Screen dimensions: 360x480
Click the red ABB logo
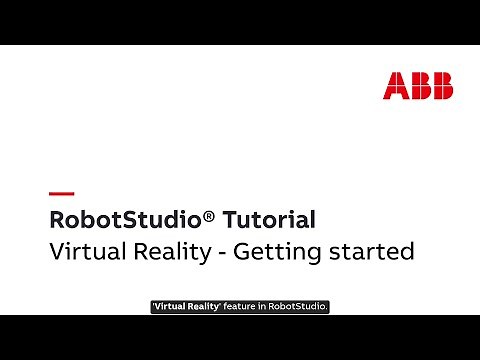[418, 85]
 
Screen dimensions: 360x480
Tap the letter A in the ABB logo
[395, 85]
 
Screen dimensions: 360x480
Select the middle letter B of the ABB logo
[418, 85]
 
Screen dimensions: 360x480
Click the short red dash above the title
[61, 193]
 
